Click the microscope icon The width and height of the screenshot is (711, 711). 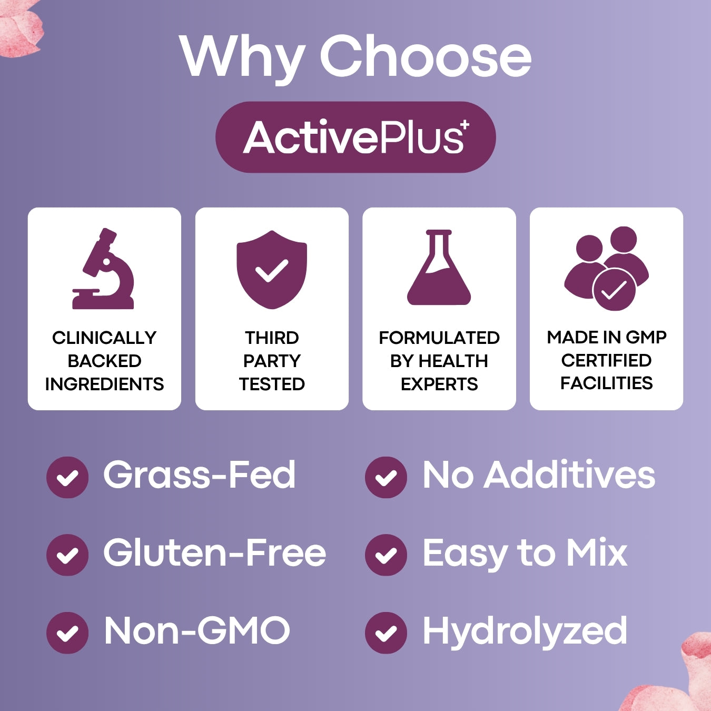[x=104, y=269]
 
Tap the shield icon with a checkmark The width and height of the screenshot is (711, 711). [x=272, y=269]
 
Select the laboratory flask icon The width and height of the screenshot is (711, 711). [x=439, y=269]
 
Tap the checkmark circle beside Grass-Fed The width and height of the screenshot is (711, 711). [x=67, y=477]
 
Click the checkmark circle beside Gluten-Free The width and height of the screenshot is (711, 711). [x=67, y=555]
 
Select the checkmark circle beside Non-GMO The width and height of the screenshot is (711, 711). [x=67, y=633]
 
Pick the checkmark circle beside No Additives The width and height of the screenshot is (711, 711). [x=386, y=477]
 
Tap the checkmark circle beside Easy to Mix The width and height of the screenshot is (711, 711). [x=386, y=555]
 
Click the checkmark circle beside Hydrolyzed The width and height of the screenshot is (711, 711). [x=386, y=633]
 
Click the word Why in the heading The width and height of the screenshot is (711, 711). [x=242, y=57]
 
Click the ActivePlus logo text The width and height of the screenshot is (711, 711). [x=353, y=137]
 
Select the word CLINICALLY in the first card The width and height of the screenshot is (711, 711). [x=104, y=338]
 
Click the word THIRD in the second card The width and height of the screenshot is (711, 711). [x=272, y=338]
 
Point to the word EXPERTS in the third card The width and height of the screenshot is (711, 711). [x=439, y=384]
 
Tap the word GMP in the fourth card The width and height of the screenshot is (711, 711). [x=647, y=337]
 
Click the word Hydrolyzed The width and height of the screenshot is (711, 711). [x=525, y=631]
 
